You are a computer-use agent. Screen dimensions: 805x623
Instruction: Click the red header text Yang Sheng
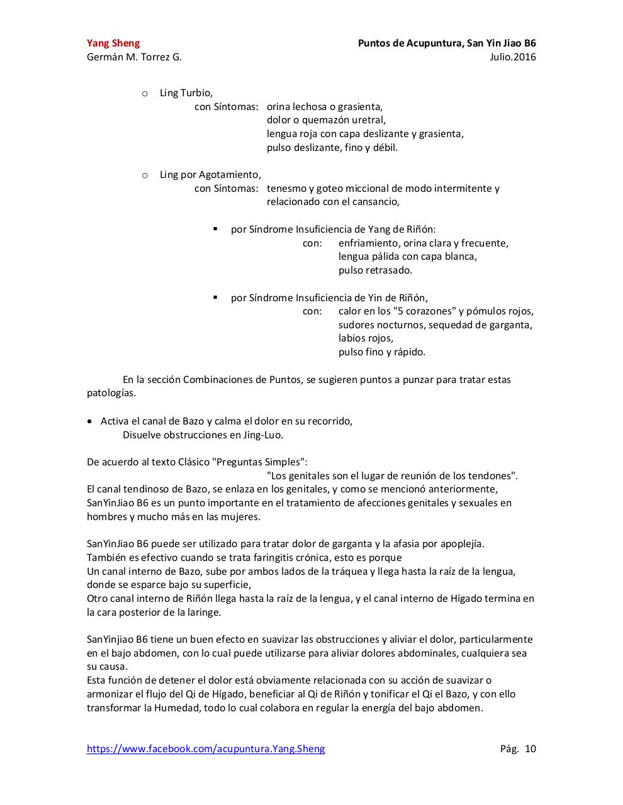click(x=113, y=43)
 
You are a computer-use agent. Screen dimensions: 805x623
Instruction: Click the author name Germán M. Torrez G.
click(x=134, y=57)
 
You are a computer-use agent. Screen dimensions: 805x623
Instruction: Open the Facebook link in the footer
click(x=206, y=749)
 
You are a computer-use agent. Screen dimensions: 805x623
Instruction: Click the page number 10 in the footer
click(x=530, y=749)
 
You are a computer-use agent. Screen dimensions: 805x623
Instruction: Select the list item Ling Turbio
click(x=186, y=93)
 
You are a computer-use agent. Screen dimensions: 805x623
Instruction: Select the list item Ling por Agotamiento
click(x=210, y=175)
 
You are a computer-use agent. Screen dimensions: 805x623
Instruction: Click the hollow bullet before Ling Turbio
click(x=145, y=94)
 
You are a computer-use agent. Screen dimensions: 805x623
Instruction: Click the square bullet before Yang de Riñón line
click(x=215, y=230)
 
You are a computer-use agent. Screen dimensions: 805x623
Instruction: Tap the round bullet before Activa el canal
click(x=92, y=421)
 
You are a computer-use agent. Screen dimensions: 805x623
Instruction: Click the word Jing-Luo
click(x=262, y=435)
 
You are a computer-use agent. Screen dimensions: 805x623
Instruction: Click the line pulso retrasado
click(x=375, y=270)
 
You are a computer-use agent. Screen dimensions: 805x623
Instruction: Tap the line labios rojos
click(x=366, y=338)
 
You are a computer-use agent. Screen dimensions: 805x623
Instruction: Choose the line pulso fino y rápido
click(x=381, y=352)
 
